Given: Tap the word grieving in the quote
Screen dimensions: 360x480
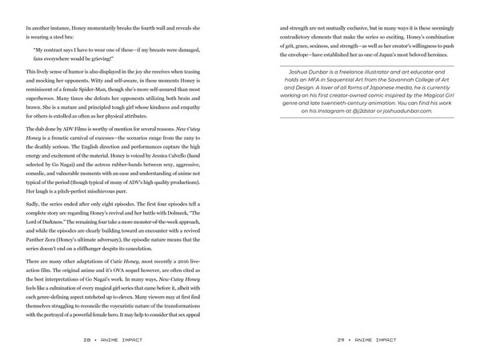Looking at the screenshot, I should [x=94, y=58].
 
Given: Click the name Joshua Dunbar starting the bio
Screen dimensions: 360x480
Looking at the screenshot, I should [x=314, y=68].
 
